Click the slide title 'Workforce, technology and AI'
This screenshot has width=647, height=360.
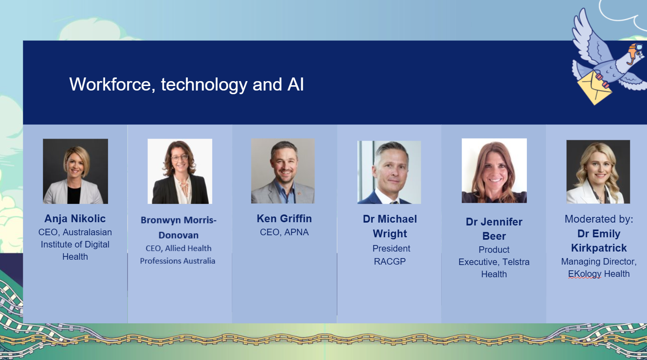(186, 84)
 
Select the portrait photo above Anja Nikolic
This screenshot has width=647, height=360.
(75, 171)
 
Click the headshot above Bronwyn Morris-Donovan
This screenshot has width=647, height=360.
(180, 171)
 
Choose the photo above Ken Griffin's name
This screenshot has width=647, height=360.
(283, 171)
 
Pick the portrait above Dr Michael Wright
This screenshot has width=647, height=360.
(389, 172)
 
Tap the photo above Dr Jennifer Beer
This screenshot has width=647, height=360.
(494, 170)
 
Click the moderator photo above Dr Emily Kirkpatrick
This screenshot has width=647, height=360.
(598, 172)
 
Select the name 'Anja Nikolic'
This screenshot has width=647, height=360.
(75, 219)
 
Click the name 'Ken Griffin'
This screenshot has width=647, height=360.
(284, 219)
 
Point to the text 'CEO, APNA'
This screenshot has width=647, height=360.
(284, 232)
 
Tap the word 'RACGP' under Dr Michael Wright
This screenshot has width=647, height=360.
(390, 261)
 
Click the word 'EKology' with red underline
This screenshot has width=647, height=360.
(585, 274)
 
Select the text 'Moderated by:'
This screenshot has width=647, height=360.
(599, 219)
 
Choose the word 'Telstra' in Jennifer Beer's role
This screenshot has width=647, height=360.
(516, 262)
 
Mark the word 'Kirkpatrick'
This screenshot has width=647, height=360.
(599, 248)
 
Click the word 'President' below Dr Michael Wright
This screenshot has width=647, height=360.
(392, 248)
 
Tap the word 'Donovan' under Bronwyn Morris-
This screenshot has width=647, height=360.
(178, 235)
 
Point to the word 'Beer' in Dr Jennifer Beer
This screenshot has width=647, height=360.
(494, 236)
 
